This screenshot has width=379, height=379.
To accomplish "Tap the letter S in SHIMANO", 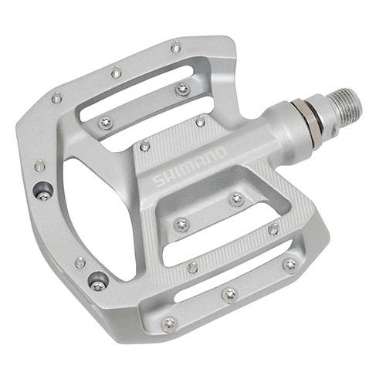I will pos(158,181).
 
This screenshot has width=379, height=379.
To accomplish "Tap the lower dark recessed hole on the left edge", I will pos(97,280).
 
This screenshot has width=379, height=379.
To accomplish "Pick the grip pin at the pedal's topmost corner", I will pos(176,48).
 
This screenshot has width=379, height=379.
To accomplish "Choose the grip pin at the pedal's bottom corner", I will pos(168,323).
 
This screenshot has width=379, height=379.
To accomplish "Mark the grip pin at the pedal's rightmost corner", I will pos(289,265).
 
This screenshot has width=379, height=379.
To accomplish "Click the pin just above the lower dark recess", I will pos(80,262).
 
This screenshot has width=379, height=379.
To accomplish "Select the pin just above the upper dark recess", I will pos(39,165).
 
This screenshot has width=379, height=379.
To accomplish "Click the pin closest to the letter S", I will pos(144,145).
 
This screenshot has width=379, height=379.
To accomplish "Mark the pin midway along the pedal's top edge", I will pos(117,73).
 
